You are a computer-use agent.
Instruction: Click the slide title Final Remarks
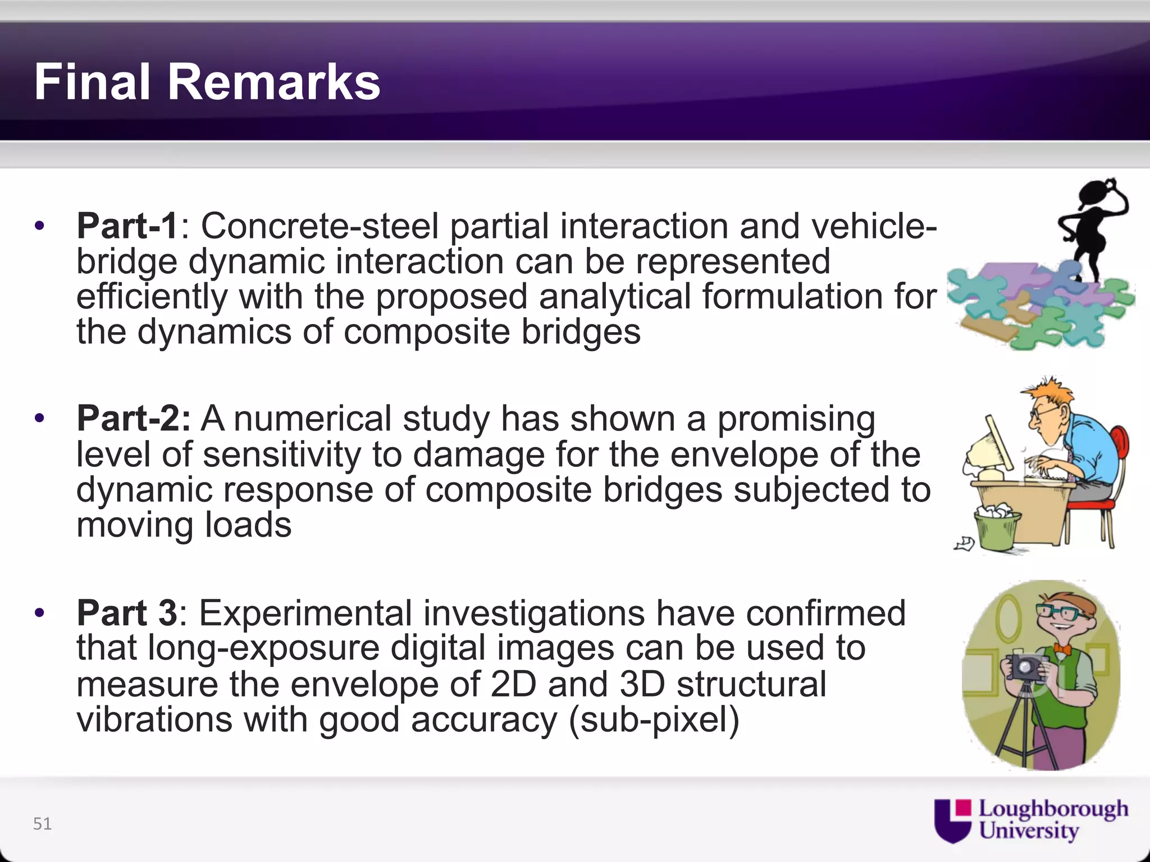click(207, 82)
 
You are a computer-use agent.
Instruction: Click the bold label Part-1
click(127, 226)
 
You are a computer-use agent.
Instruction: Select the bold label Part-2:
click(134, 419)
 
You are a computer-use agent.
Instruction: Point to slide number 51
click(42, 823)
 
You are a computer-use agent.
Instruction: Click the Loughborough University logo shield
click(952, 820)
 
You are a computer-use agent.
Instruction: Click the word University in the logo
click(1029, 831)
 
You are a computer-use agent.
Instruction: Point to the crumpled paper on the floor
click(965, 543)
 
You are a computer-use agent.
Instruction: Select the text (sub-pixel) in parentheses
click(654, 719)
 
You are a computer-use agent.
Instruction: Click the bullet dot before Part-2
click(39, 419)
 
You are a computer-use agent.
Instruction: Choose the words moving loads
click(184, 525)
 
